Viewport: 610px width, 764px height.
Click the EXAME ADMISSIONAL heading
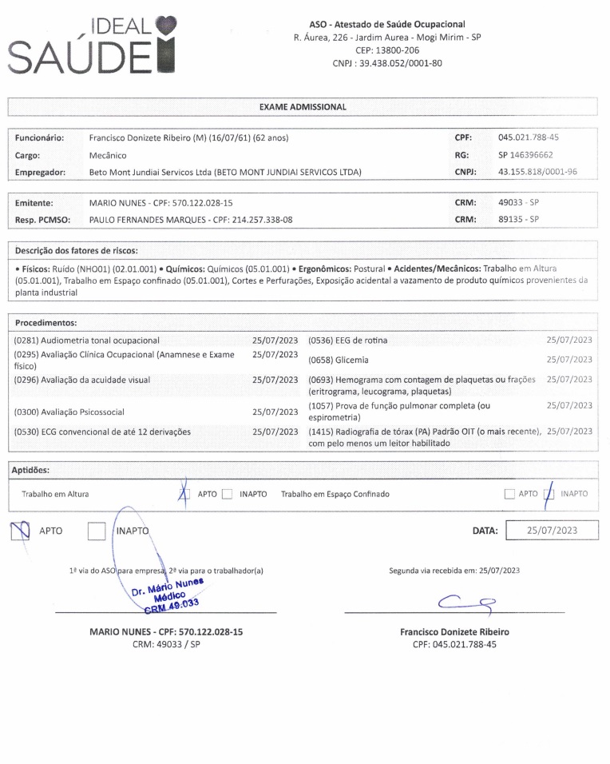303,107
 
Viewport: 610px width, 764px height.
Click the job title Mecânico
108,155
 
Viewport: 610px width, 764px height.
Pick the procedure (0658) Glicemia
339,360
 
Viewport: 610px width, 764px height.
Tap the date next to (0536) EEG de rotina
569,340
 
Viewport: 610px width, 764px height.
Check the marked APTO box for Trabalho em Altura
185,494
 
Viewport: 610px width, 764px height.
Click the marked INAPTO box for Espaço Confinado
549,494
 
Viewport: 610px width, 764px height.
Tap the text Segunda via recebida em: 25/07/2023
454,571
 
